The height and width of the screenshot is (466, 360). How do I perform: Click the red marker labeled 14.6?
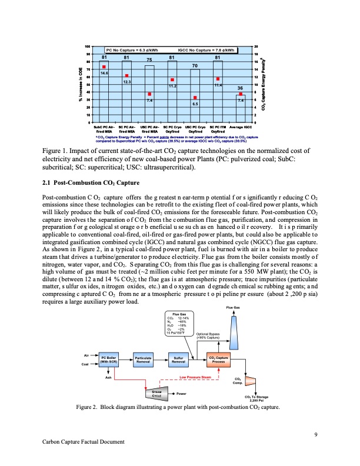coord(104,67)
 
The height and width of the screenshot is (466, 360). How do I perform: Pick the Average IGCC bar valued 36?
coord(240,108)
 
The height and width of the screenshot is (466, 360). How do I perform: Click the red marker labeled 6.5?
coord(195,98)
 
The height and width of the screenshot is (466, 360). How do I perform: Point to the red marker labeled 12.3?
coord(126,75)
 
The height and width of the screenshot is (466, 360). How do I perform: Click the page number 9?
coord(316,435)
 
